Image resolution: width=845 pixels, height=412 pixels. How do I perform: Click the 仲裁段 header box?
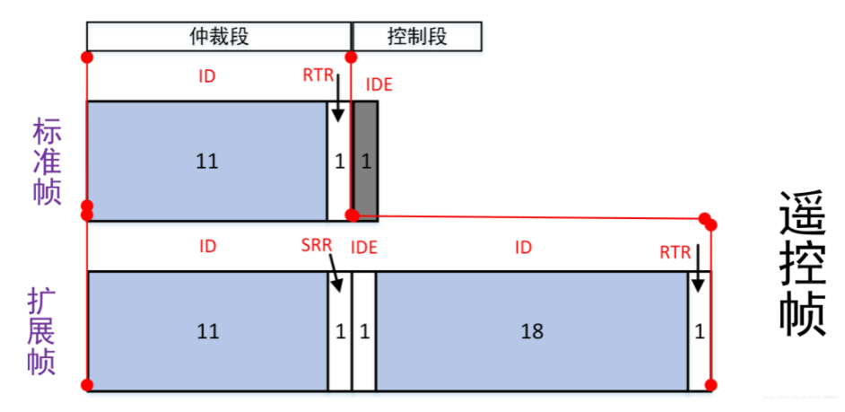point(218,36)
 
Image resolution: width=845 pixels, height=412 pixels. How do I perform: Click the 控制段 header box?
point(417,36)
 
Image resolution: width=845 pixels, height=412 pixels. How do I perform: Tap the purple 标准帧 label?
point(48,162)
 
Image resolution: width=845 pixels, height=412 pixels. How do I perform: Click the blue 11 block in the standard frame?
point(206,162)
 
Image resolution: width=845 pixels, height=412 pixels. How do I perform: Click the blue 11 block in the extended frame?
point(206,331)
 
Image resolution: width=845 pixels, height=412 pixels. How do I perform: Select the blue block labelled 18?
point(531,331)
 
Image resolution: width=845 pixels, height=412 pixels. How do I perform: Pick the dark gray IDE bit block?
point(366,161)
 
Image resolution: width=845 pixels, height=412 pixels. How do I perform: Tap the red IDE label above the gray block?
point(379,85)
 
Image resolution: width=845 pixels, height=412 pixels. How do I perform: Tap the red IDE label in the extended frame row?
point(363,247)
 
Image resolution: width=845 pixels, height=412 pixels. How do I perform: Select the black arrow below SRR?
point(335,275)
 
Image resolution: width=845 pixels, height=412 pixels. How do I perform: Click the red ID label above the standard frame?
point(207,75)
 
